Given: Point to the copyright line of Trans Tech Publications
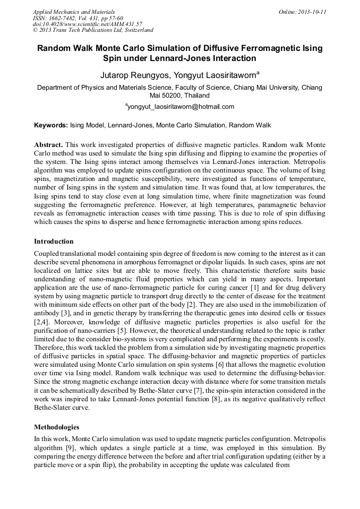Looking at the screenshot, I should [x=93, y=30].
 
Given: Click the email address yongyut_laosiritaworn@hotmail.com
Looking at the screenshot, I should [x=181, y=107].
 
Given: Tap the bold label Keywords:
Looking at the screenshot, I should [x=51, y=126].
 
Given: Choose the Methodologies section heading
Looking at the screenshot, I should [x=57, y=427].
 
